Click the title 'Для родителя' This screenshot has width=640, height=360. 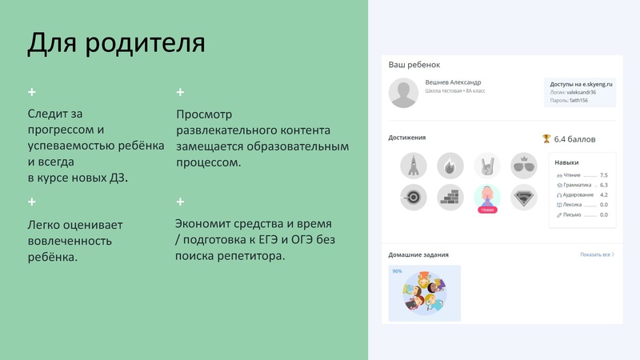click(116, 42)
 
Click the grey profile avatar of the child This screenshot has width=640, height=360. click(403, 93)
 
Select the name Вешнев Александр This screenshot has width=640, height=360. click(453, 82)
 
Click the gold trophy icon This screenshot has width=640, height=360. click(546, 138)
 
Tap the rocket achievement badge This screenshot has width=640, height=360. click(413, 166)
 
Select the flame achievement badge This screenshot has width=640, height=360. click(450, 166)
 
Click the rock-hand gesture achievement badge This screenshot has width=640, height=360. click(486, 166)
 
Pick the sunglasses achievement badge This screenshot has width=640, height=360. click(523, 166)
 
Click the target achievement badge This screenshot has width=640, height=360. click(413, 197)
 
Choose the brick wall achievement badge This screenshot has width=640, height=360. click(450, 197)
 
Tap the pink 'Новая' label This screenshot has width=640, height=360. click(486, 210)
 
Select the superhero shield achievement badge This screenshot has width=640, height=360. click(523, 197)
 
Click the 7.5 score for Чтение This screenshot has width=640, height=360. click(603, 175)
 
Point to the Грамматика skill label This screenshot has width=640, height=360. click(578, 185)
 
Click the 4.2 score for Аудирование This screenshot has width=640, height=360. click(603, 194)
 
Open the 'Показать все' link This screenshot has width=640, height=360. click(597, 254)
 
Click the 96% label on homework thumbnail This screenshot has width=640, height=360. click(397, 271)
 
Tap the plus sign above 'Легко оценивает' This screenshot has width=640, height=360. click(32, 202)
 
